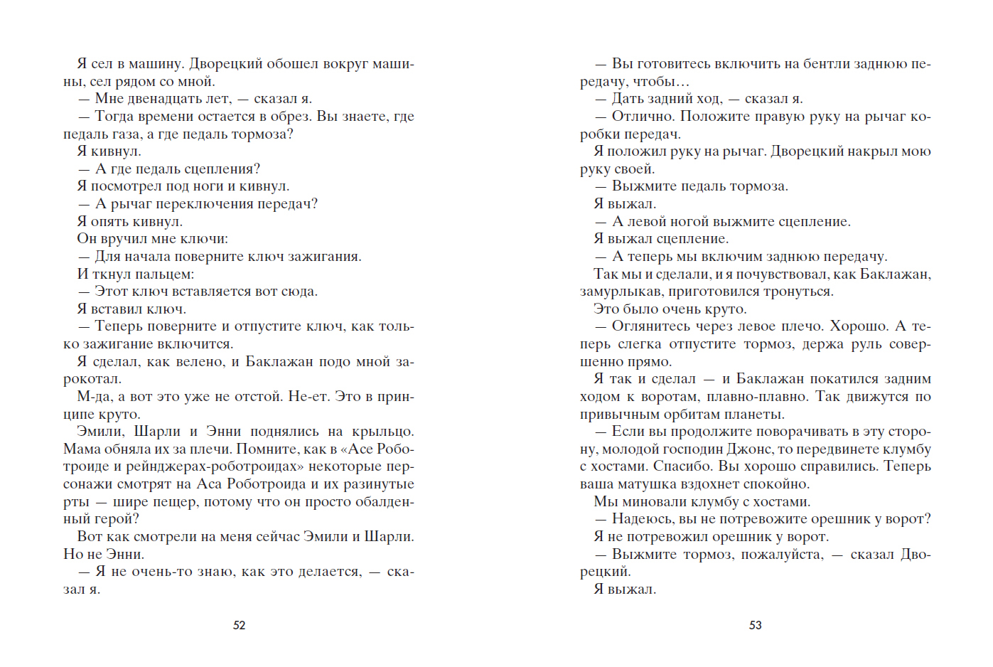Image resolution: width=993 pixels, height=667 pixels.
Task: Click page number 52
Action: (240, 625)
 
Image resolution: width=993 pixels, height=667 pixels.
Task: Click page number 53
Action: (756, 625)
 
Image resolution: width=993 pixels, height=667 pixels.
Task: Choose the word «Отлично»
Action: (638, 117)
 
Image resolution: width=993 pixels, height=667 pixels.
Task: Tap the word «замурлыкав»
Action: (618, 292)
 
